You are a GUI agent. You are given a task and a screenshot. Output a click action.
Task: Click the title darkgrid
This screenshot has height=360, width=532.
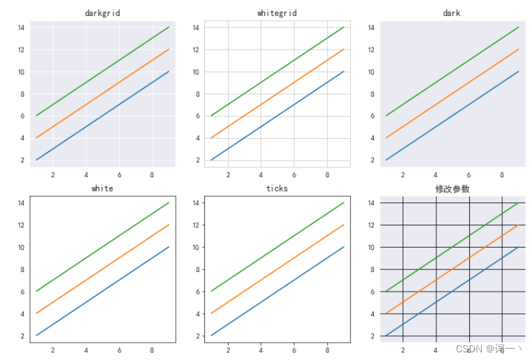click(x=102, y=13)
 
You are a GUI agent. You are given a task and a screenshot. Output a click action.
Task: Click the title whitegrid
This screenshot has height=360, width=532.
click(x=277, y=13)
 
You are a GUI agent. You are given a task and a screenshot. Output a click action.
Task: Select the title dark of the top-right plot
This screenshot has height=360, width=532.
click(x=452, y=13)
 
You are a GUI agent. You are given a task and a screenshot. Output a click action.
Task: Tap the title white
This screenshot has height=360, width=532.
click(x=102, y=188)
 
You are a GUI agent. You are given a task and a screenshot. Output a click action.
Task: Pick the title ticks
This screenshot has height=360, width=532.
click(x=277, y=188)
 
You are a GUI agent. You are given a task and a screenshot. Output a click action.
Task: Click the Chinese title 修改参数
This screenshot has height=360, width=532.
click(x=452, y=188)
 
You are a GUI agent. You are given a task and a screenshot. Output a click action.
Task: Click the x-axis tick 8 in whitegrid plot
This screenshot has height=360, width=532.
click(x=327, y=174)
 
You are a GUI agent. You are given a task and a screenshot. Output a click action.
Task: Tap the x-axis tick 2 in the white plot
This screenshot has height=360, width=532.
click(x=53, y=350)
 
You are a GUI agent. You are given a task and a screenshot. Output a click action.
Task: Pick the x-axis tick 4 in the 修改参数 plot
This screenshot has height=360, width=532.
click(x=436, y=350)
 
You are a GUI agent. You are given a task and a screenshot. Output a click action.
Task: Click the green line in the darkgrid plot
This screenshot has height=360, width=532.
click(x=102, y=71)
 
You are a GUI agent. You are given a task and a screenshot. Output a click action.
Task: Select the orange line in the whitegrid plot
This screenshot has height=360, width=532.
click(x=277, y=93)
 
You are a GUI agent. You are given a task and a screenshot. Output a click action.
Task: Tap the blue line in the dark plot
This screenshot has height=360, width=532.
click(x=452, y=116)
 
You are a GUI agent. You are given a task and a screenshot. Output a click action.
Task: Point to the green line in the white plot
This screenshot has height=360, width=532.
click(x=102, y=247)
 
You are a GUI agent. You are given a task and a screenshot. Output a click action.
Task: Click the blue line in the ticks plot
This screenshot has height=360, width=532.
click(x=277, y=291)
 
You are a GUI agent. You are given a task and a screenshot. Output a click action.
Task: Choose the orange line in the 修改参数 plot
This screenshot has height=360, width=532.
click(x=452, y=269)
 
